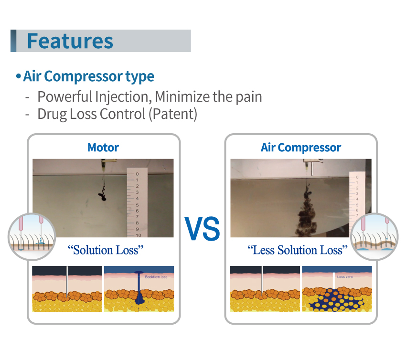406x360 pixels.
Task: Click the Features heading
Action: click(70, 41)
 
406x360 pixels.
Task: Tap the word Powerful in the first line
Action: click(65, 97)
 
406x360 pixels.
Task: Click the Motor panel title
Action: click(103, 148)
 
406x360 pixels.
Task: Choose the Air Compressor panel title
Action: click(300, 148)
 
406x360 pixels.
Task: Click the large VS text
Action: click(202, 229)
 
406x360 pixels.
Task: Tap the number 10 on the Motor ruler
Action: click(139, 235)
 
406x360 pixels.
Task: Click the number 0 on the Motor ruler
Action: click(137, 174)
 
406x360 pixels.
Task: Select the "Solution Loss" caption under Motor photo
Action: click(106, 250)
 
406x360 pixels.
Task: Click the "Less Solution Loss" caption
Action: click(298, 250)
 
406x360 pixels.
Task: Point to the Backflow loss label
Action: click(156, 277)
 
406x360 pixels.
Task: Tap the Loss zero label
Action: click(345, 277)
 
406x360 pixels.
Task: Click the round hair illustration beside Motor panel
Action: click(32, 237)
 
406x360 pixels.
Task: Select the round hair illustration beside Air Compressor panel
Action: click(374, 237)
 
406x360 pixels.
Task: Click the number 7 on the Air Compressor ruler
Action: click(357, 215)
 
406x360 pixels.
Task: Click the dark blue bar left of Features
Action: click(13, 41)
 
